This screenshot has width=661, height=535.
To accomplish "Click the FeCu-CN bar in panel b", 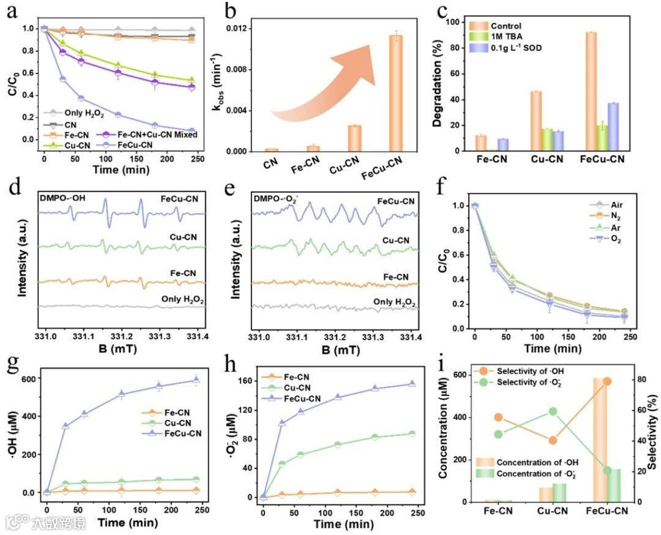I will pyautogui.click(x=396, y=92).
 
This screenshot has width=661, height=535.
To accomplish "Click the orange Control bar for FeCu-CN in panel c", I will pyautogui.click(x=591, y=91).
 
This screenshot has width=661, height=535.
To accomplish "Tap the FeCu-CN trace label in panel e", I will pyautogui.click(x=395, y=201).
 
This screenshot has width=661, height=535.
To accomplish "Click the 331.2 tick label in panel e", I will pyautogui.click(x=334, y=337).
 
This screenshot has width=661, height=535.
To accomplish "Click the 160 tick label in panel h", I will pyautogui.click(x=245, y=381).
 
